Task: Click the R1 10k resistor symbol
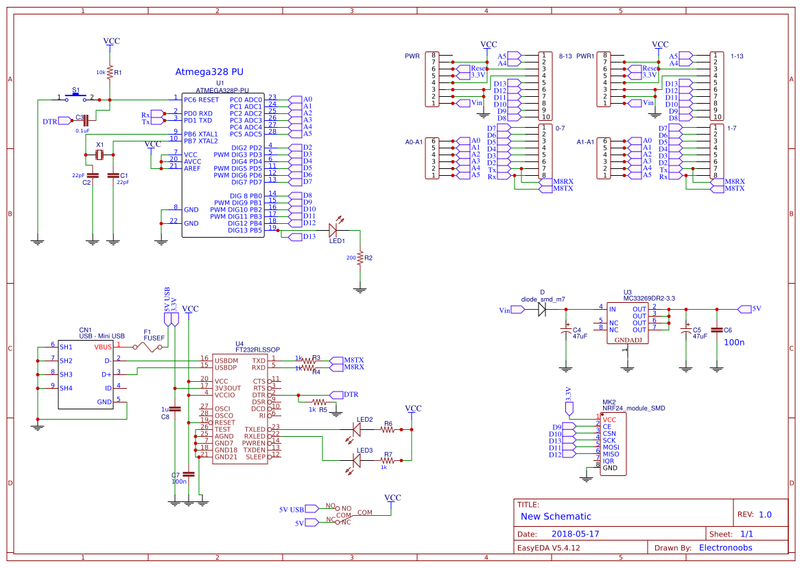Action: (110, 71)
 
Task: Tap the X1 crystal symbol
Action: (99, 155)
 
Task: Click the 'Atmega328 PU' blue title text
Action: (209, 71)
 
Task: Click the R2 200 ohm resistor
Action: (359, 258)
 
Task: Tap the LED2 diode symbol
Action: (356, 429)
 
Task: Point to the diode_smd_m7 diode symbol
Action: (542, 309)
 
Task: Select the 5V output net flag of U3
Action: (744, 309)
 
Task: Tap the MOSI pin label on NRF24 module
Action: (611, 447)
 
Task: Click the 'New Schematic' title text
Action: (556, 516)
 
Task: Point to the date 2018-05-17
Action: (576, 534)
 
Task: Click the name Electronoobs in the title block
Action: (725, 547)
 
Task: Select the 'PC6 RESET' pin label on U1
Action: (201, 100)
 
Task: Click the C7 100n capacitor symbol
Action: (189, 474)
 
